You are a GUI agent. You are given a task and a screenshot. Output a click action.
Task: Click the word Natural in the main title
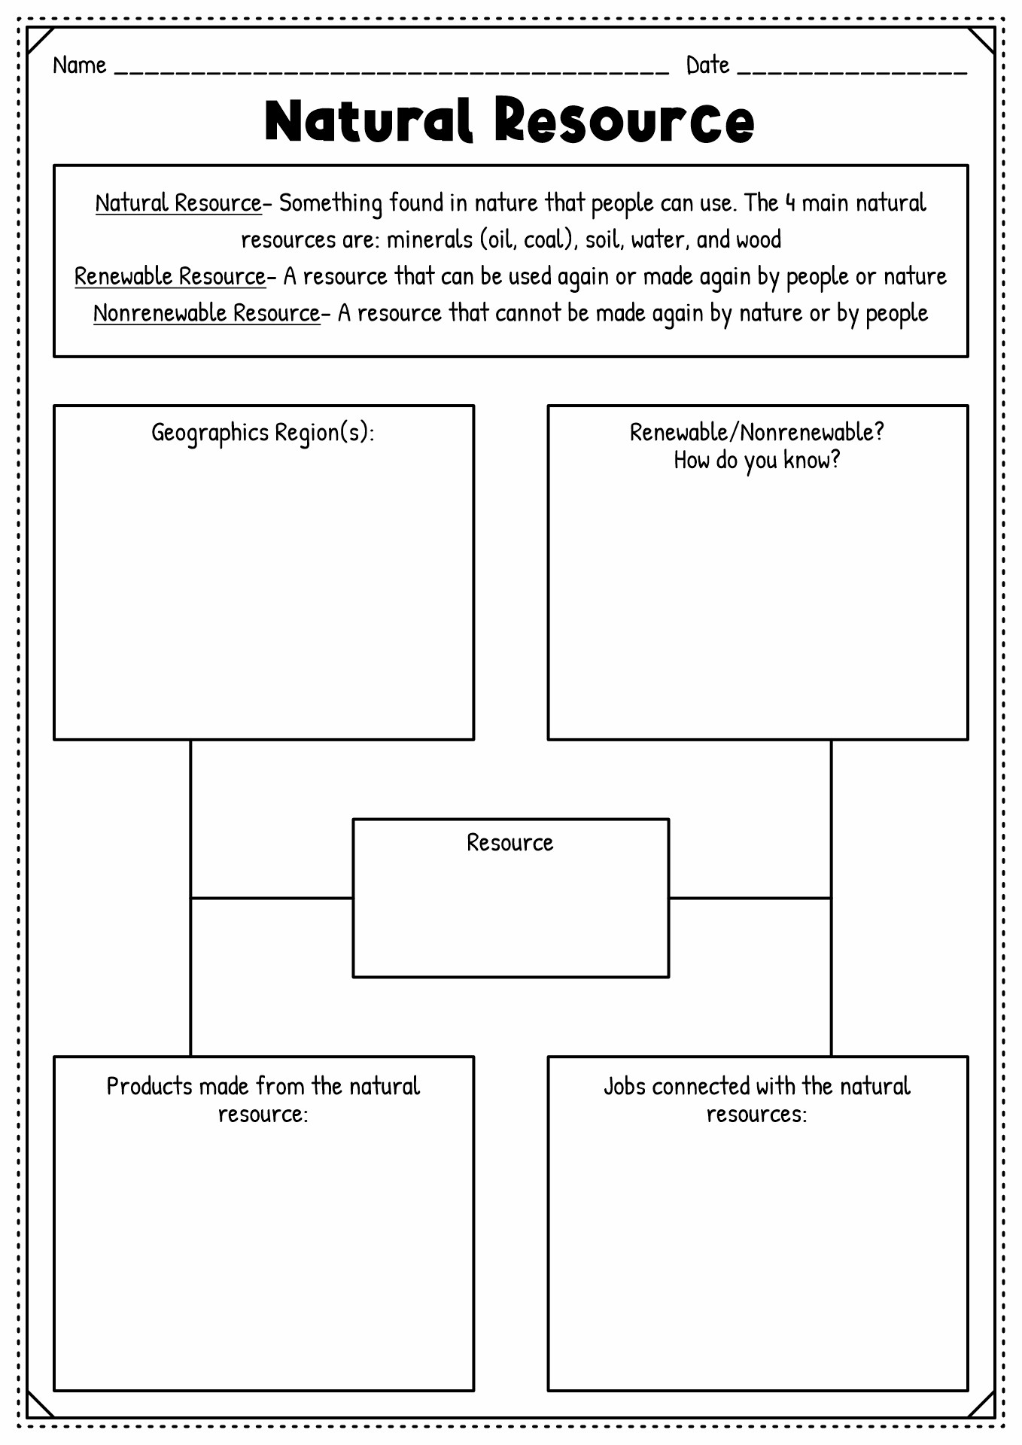click(x=369, y=120)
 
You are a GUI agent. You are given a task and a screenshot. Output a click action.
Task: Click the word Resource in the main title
click(x=624, y=120)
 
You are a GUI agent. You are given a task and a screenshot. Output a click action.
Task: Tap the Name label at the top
click(x=79, y=65)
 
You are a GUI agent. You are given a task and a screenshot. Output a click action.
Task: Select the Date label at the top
click(x=707, y=65)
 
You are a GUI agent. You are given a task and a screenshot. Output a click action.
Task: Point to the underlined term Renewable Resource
click(x=170, y=277)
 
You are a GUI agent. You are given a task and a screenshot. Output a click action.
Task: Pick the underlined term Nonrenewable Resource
click(x=207, y=313)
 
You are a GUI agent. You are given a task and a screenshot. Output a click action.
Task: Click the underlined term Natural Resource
click(x=178, y=203)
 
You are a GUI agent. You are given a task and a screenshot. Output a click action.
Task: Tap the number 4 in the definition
click(x=790, y=203)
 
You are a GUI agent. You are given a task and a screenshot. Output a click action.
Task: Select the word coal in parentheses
click(x=543, y=240)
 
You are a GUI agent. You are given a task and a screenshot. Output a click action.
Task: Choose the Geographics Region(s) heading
click(x=263, y=433)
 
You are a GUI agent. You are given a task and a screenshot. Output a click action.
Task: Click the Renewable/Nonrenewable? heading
click(x=757, y=432)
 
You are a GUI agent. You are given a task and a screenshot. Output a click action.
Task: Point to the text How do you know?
click(x=757, y=460)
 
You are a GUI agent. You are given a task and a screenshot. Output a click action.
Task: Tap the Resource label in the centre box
click(x=510, y=843)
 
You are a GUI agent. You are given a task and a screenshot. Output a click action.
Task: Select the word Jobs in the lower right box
click(x=625, y=1086)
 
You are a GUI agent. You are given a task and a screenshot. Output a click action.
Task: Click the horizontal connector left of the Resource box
click(x=272, y=898)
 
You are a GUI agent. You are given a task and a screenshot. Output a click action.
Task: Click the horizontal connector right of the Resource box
click(x=750, y=898)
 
